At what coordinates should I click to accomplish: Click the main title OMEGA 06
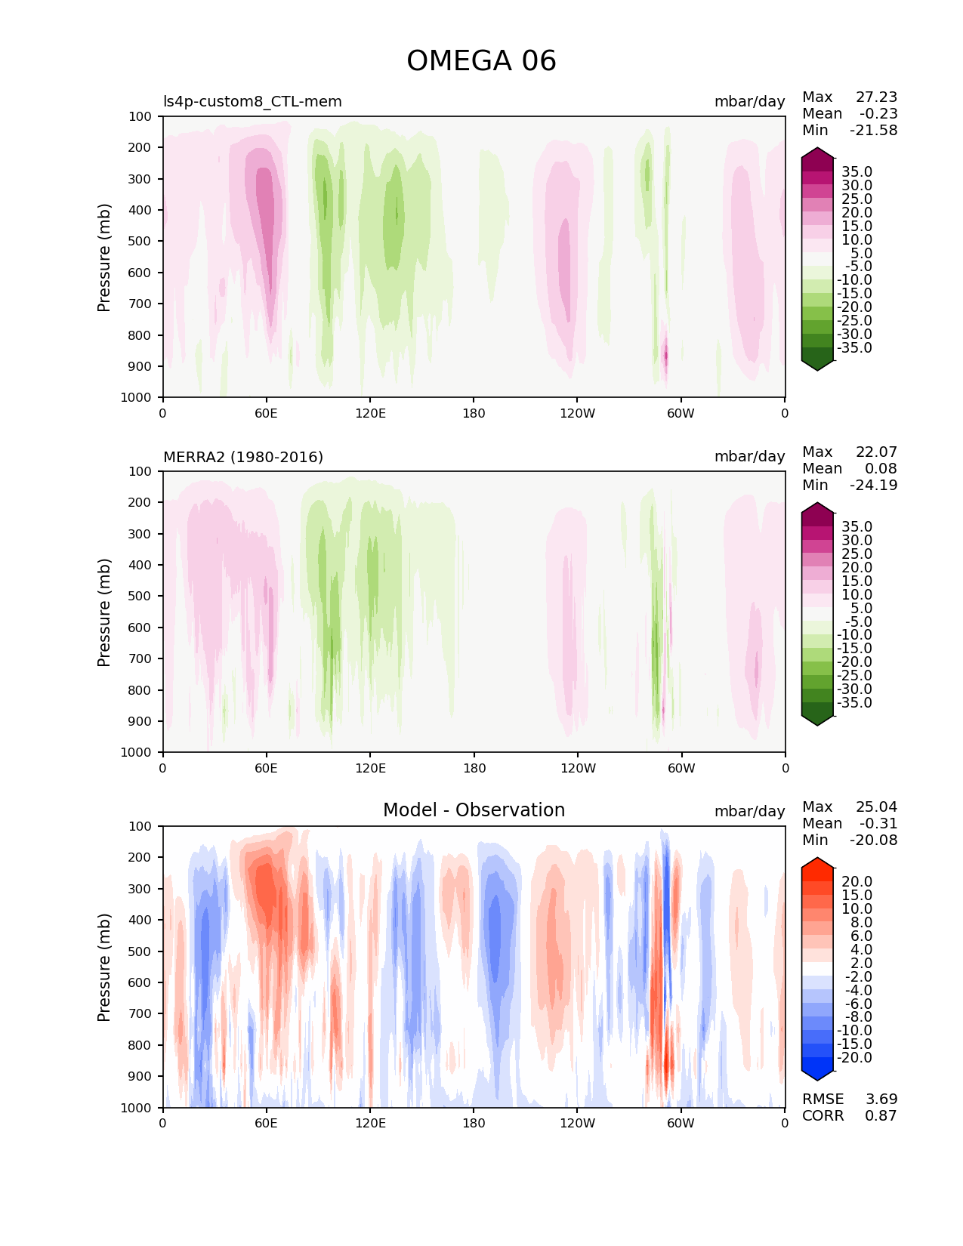pos(481,61)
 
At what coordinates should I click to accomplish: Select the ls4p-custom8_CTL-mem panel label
pos(252,102)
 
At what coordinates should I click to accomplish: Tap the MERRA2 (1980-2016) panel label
pos(243,457)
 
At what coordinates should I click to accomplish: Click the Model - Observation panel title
pos(474,810)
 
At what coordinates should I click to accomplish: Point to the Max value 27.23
pos(876,97)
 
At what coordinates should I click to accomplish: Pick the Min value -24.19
pos(873,486)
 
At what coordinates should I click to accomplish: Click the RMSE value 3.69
pos(881,1100)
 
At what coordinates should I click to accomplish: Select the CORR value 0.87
pos(881,1116)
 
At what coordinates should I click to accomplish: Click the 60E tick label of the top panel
pos(266,413)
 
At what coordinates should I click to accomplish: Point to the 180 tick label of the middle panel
pos(474,768)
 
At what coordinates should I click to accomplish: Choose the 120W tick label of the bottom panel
pos(577,1123)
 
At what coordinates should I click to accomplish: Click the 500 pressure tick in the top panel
pos(141,242)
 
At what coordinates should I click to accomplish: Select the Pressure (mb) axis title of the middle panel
pos(104,612)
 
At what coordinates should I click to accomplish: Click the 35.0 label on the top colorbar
pos(857,172)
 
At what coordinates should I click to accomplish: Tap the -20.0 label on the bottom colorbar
pos(854,1058)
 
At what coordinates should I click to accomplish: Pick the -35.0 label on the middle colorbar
pos(854,703)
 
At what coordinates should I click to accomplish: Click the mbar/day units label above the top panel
pos(749,102)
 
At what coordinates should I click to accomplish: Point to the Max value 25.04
pos(876,807)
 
